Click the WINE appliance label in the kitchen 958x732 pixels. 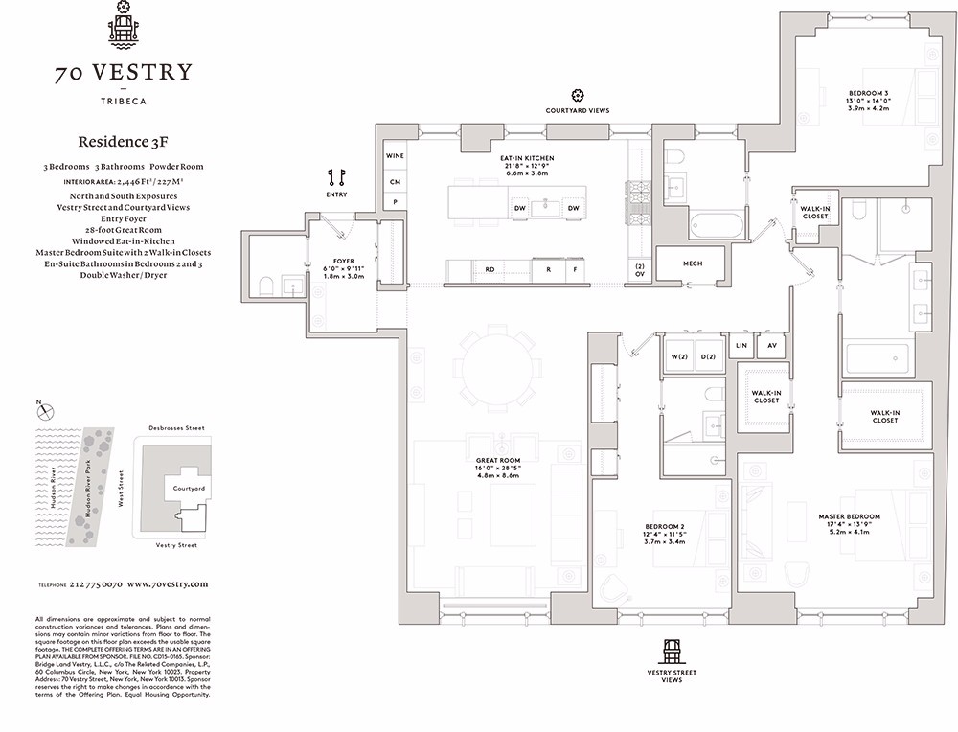point(394,155)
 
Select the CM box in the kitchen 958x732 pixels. point(394,181)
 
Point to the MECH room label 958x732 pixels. point(693,263)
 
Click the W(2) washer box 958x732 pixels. point(679,356)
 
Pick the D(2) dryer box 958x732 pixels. point(708,356)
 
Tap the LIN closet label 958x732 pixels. point(741,345)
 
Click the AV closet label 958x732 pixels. point(770,345)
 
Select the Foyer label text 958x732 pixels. point(343,261)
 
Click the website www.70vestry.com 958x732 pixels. point(167,583)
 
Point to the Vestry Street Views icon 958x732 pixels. point(671,652)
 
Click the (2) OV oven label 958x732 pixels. point(639,269)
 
